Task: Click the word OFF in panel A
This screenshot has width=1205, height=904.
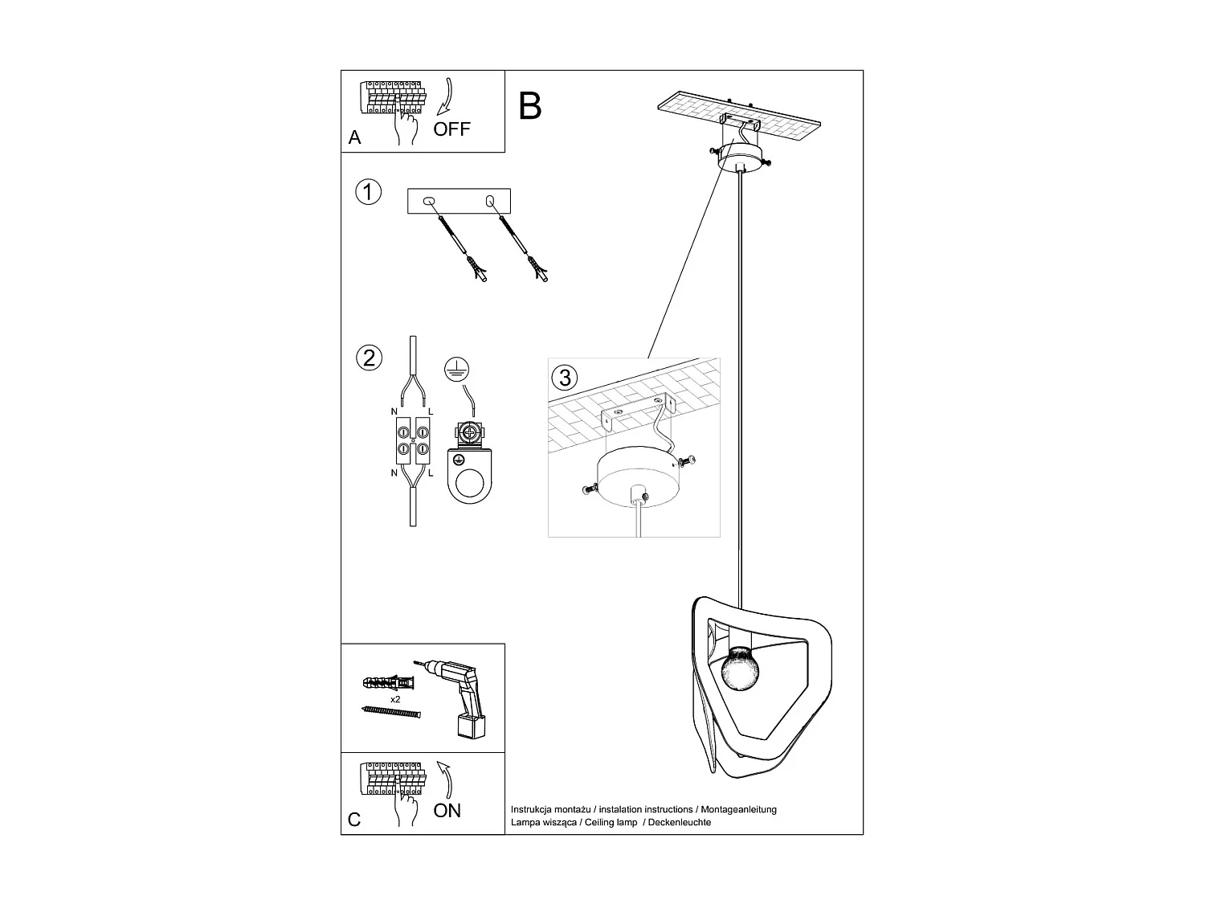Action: click(x=451, y=129)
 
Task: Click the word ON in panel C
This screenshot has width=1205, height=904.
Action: click(x=447, y=811)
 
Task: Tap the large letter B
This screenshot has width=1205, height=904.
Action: click(x=530, y=106)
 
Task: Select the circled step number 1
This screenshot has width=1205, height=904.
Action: click(x=368, y=193)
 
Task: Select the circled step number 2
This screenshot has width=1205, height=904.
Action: click(x=369, y=358)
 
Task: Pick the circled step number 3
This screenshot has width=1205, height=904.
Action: click(x=565, y=377)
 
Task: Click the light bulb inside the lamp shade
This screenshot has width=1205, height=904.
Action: click(x=741, y=669)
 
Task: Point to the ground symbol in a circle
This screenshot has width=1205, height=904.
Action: click(x=457, y=369)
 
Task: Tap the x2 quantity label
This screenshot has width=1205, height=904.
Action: click(x=395, y=700)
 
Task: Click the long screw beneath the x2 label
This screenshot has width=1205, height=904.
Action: click(x=391, y=713)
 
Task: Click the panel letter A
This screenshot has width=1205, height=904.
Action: click(x=355, y=138)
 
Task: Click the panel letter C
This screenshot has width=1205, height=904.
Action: click(x=354, y=820)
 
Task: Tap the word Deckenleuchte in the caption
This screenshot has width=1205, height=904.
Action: click(x=680, y=822)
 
